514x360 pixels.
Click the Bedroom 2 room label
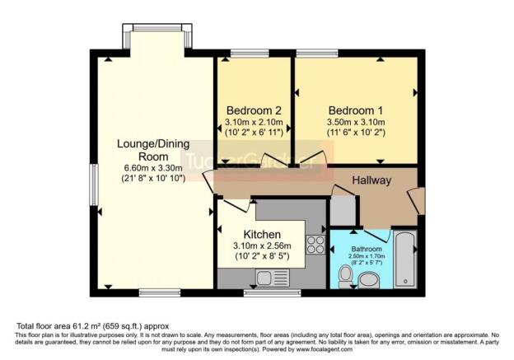(255, 111)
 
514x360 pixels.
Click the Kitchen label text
(263, 235)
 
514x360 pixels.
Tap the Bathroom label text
(367, 249)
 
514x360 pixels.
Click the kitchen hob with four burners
(314, 245)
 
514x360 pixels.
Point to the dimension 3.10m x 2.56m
(262, 246)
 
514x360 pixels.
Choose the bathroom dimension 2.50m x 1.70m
(367, 258)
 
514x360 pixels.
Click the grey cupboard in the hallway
(343, 211)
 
